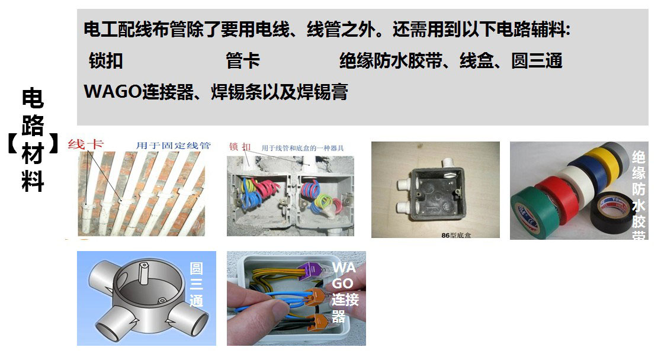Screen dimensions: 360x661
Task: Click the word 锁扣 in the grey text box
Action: (x=106, y=61)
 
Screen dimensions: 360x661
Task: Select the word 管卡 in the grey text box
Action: (x=243, y=61)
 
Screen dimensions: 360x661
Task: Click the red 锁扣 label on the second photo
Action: (x=239, y=146)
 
